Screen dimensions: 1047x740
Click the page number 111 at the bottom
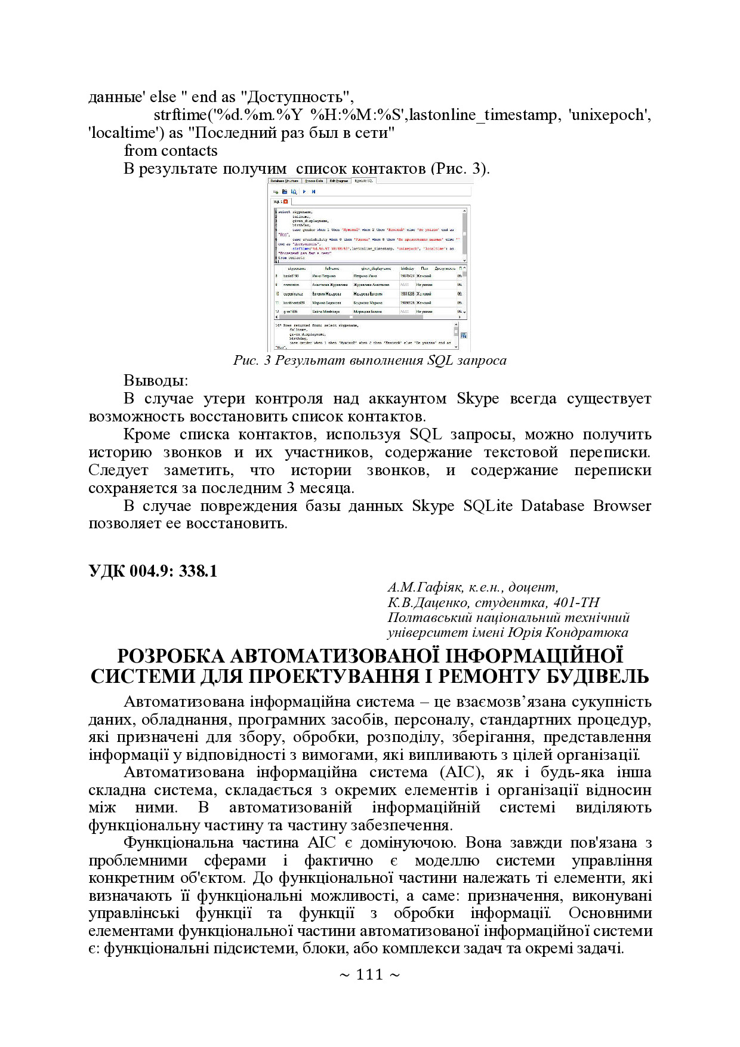click(369, 975)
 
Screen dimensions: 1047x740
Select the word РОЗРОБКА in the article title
click(171, 656)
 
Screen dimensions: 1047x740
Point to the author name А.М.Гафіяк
click(425, 587)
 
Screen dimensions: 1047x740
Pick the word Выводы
click(155, 380)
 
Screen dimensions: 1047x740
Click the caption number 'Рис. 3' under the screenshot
click(251, 361)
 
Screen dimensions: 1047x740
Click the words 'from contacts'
click(171, 150)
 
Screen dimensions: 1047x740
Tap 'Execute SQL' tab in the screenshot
click(363, 181)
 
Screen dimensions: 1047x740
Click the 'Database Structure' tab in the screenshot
click(284, 181)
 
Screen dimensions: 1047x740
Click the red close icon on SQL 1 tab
click(286, 202)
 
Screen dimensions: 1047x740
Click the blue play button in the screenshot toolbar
click(304, 192)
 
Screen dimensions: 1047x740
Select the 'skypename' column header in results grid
click(297, 269)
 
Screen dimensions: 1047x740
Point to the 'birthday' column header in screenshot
click(407, 269)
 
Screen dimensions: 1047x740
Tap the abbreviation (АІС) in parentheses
click(461, 772)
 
